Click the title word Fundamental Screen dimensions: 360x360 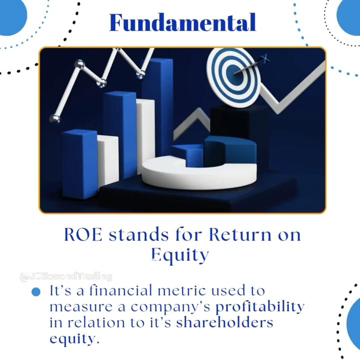tap(182, 22)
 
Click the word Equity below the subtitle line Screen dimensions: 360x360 tap(179, 255)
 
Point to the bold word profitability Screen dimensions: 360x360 tap(259, 305)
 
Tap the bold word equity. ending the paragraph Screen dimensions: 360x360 tap(72, 338)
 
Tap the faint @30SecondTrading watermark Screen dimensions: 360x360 tap(65, 276)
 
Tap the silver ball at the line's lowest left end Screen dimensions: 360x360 tap(54, 118)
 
